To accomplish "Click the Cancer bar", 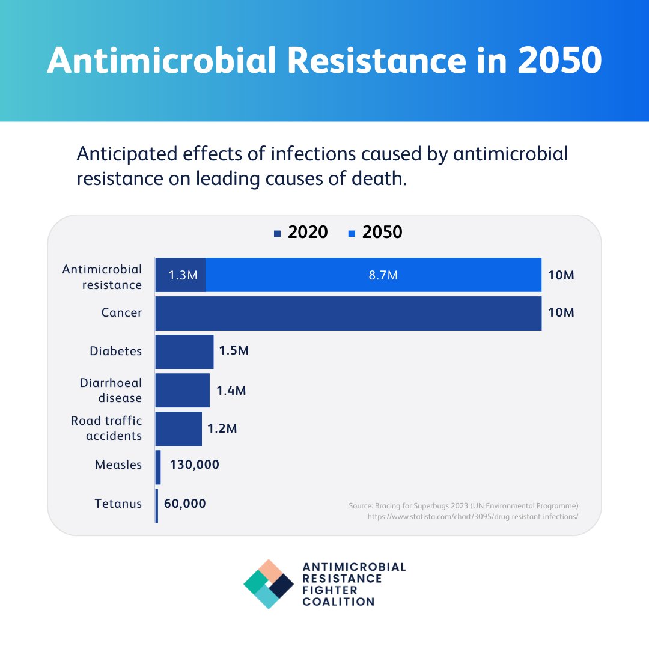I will point(349,313).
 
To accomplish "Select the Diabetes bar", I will point(184,352).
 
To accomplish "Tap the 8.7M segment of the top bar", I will point(373,275).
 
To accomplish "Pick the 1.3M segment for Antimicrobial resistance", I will point(181,275).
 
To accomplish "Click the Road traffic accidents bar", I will point(178,428).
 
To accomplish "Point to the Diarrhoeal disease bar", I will point(183,390).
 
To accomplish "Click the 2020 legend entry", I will point(301,232).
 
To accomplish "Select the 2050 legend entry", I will point(376,232).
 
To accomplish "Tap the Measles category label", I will point(118,465).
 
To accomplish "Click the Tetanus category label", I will point(118,503).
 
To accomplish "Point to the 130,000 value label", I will point(194,465).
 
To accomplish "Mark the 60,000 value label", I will point(184,503).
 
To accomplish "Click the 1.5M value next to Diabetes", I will point(234,351).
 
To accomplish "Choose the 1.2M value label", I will point(222,428).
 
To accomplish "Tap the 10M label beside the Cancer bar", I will point(561,313).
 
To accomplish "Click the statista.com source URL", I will point(472,516).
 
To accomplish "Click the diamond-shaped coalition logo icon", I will point(269,584).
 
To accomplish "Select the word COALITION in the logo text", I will point(338,602).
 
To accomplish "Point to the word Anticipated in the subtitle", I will point(126,154).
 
